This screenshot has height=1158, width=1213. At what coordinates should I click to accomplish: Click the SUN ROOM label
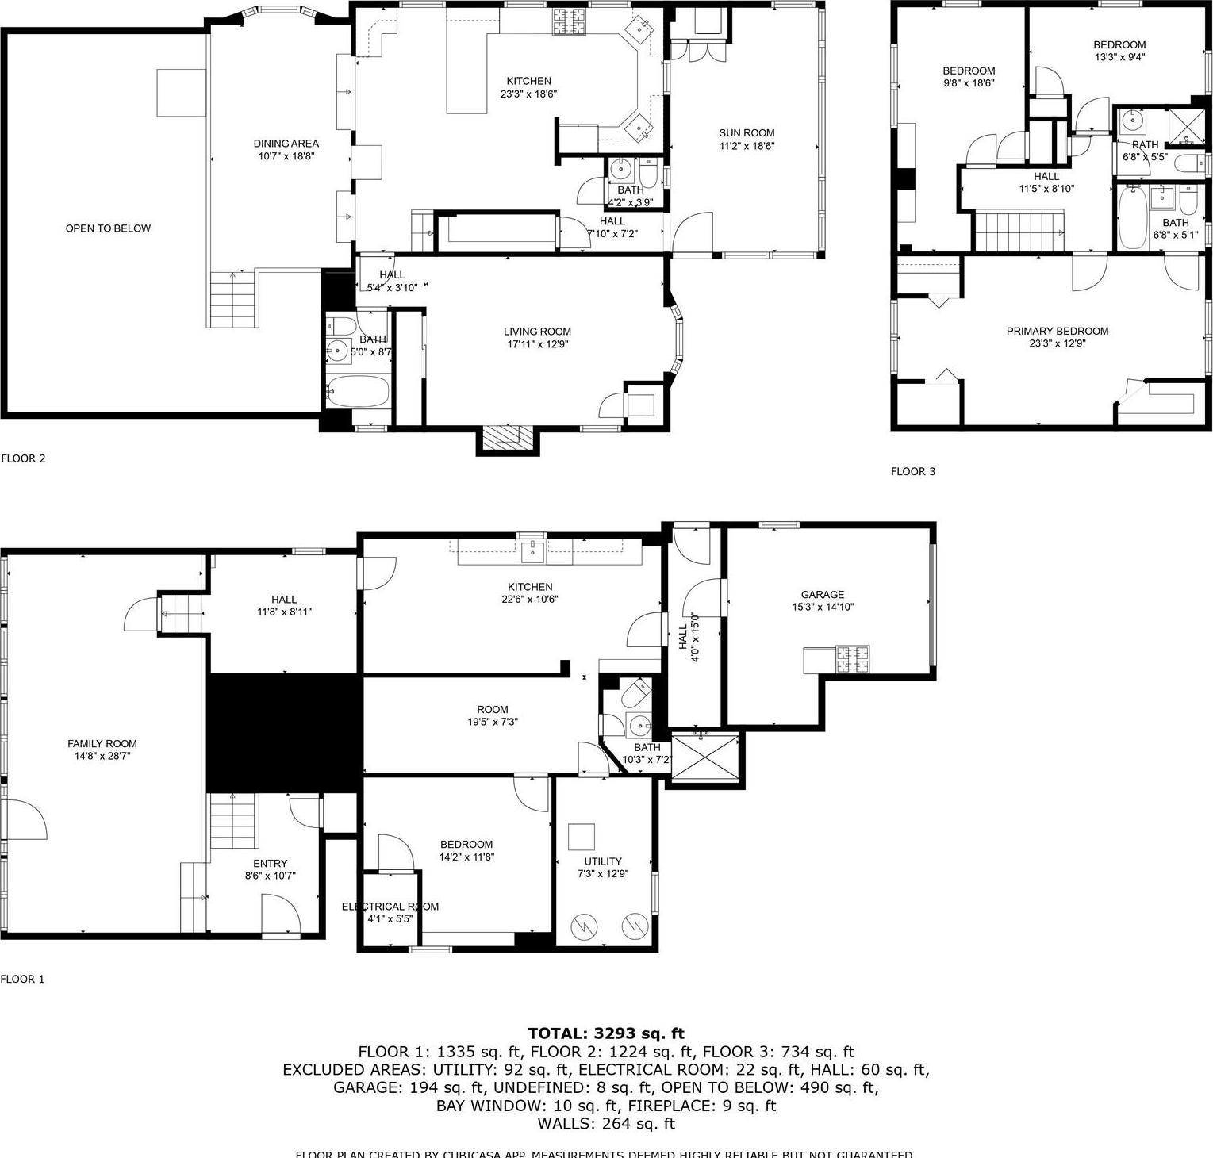(747, 133)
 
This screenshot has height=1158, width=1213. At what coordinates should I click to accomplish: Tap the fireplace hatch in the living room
(507, 437)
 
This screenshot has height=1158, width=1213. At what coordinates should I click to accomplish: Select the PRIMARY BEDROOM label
(1057, 331)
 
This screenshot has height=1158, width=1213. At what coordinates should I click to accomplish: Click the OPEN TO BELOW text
(108, 228)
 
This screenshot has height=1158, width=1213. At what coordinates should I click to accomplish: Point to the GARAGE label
(822, 594)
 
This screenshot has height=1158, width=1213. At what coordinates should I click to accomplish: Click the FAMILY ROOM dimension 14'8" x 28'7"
(102, 757)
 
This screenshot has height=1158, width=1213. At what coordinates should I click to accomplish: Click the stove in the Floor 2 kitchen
(568, 21)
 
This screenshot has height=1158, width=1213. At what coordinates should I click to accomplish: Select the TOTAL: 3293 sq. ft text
(606, 1033)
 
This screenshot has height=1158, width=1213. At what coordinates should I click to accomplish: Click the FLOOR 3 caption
(912, 471)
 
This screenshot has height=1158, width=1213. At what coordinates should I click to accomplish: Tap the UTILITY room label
(603, 861)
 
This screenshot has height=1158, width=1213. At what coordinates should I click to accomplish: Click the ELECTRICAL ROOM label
(390, 907)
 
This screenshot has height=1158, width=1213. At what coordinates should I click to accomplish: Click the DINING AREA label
(286, 144)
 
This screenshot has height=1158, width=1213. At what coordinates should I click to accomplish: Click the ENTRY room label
(270, 864)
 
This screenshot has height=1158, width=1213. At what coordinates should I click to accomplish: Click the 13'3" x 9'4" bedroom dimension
(1119, 57)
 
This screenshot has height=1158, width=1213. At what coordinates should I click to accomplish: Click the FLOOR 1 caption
(22, 979)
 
